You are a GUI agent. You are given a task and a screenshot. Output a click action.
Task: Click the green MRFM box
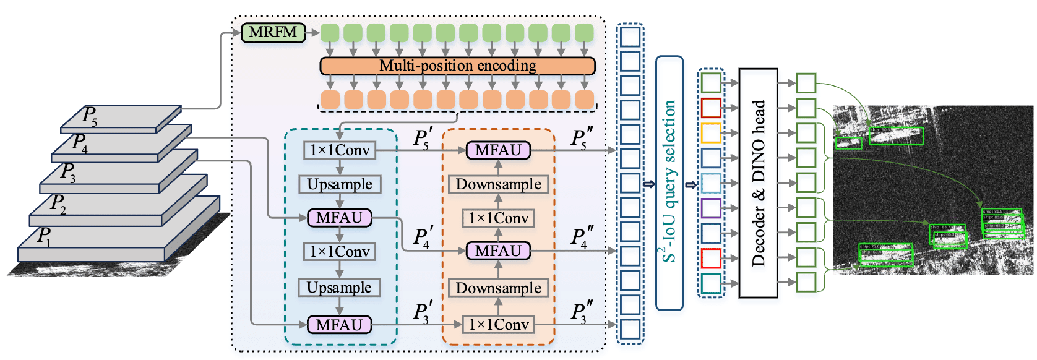click(273, 32)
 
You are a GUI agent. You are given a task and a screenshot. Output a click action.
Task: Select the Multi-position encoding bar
click(457, 66)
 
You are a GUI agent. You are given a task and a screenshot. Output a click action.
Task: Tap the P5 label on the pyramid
click(90, 116)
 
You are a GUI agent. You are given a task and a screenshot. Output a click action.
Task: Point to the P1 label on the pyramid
click(44, 236)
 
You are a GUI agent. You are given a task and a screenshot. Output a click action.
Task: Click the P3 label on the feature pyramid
click(67, 171)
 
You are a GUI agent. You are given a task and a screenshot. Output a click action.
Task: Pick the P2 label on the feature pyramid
click(58, 203)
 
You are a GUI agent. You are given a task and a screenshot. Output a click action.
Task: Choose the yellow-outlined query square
click(711, 133)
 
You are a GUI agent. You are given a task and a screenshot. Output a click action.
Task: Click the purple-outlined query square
click(711, 208)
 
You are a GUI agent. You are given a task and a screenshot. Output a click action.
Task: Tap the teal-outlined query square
click(711, 283)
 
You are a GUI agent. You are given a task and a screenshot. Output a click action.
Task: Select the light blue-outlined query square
click(711, 183)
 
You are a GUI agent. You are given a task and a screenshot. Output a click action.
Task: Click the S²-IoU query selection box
click(669, 183)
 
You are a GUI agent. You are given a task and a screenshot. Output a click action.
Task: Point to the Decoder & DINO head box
click(758, 183)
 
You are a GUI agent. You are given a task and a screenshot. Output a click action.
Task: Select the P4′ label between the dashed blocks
click(423, 238)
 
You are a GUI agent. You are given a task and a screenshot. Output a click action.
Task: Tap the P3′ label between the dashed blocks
click(423, 313)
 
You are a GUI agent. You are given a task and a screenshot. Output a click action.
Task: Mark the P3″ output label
click(582, 313)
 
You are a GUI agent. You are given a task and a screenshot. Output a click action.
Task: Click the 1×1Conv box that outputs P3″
click(499, 324)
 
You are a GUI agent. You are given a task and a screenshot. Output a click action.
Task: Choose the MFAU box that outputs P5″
click(498, 150)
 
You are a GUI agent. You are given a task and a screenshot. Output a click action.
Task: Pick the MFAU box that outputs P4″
click(498, 251)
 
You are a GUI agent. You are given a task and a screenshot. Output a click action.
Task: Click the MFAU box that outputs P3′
click(339, 325)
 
